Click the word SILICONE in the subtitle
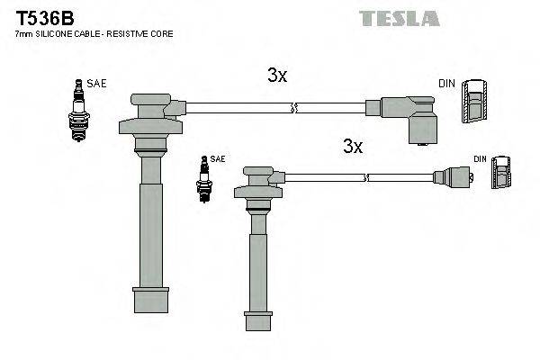pyautogui.click(x=55, y=33)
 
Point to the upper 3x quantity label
pyautogui.click(x=277, y=77)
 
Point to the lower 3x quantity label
pyautogui.click(x=352, y=146)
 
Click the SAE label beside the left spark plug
pyautogui.click(x=97, y=84)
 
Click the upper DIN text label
pyautogui.click(x=446, y=84)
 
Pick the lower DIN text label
pyautogui.click(x=480, y=159)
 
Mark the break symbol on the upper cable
pyautogui.click(x=292, y=109)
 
